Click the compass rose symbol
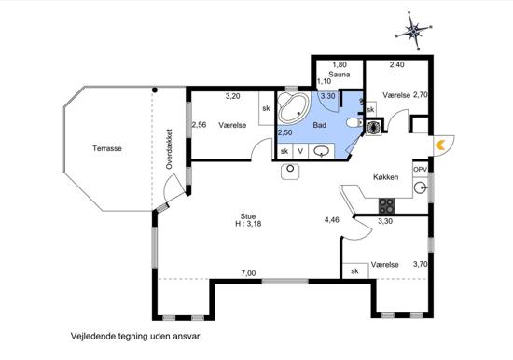click(414, 31)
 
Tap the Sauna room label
click(340, 75)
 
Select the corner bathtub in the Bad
click(293, 107)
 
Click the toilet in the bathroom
click(354, 123)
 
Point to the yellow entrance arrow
click(440, 145)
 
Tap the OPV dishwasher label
click(420, 170)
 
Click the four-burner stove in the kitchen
click(386, 206)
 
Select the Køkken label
click(386, 177)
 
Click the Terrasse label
click(107, 148)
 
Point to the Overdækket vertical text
click(169, 148)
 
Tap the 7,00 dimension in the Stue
click(249, 273)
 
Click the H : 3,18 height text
click(248, 224)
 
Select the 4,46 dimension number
click(332, 219)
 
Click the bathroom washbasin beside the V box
click(322, 151)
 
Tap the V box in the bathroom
click(300, 151)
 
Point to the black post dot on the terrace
click(155, 90)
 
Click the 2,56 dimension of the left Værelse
click(199, 125)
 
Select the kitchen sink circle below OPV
click(420, 187)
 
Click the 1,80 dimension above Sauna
click(340, 64)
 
